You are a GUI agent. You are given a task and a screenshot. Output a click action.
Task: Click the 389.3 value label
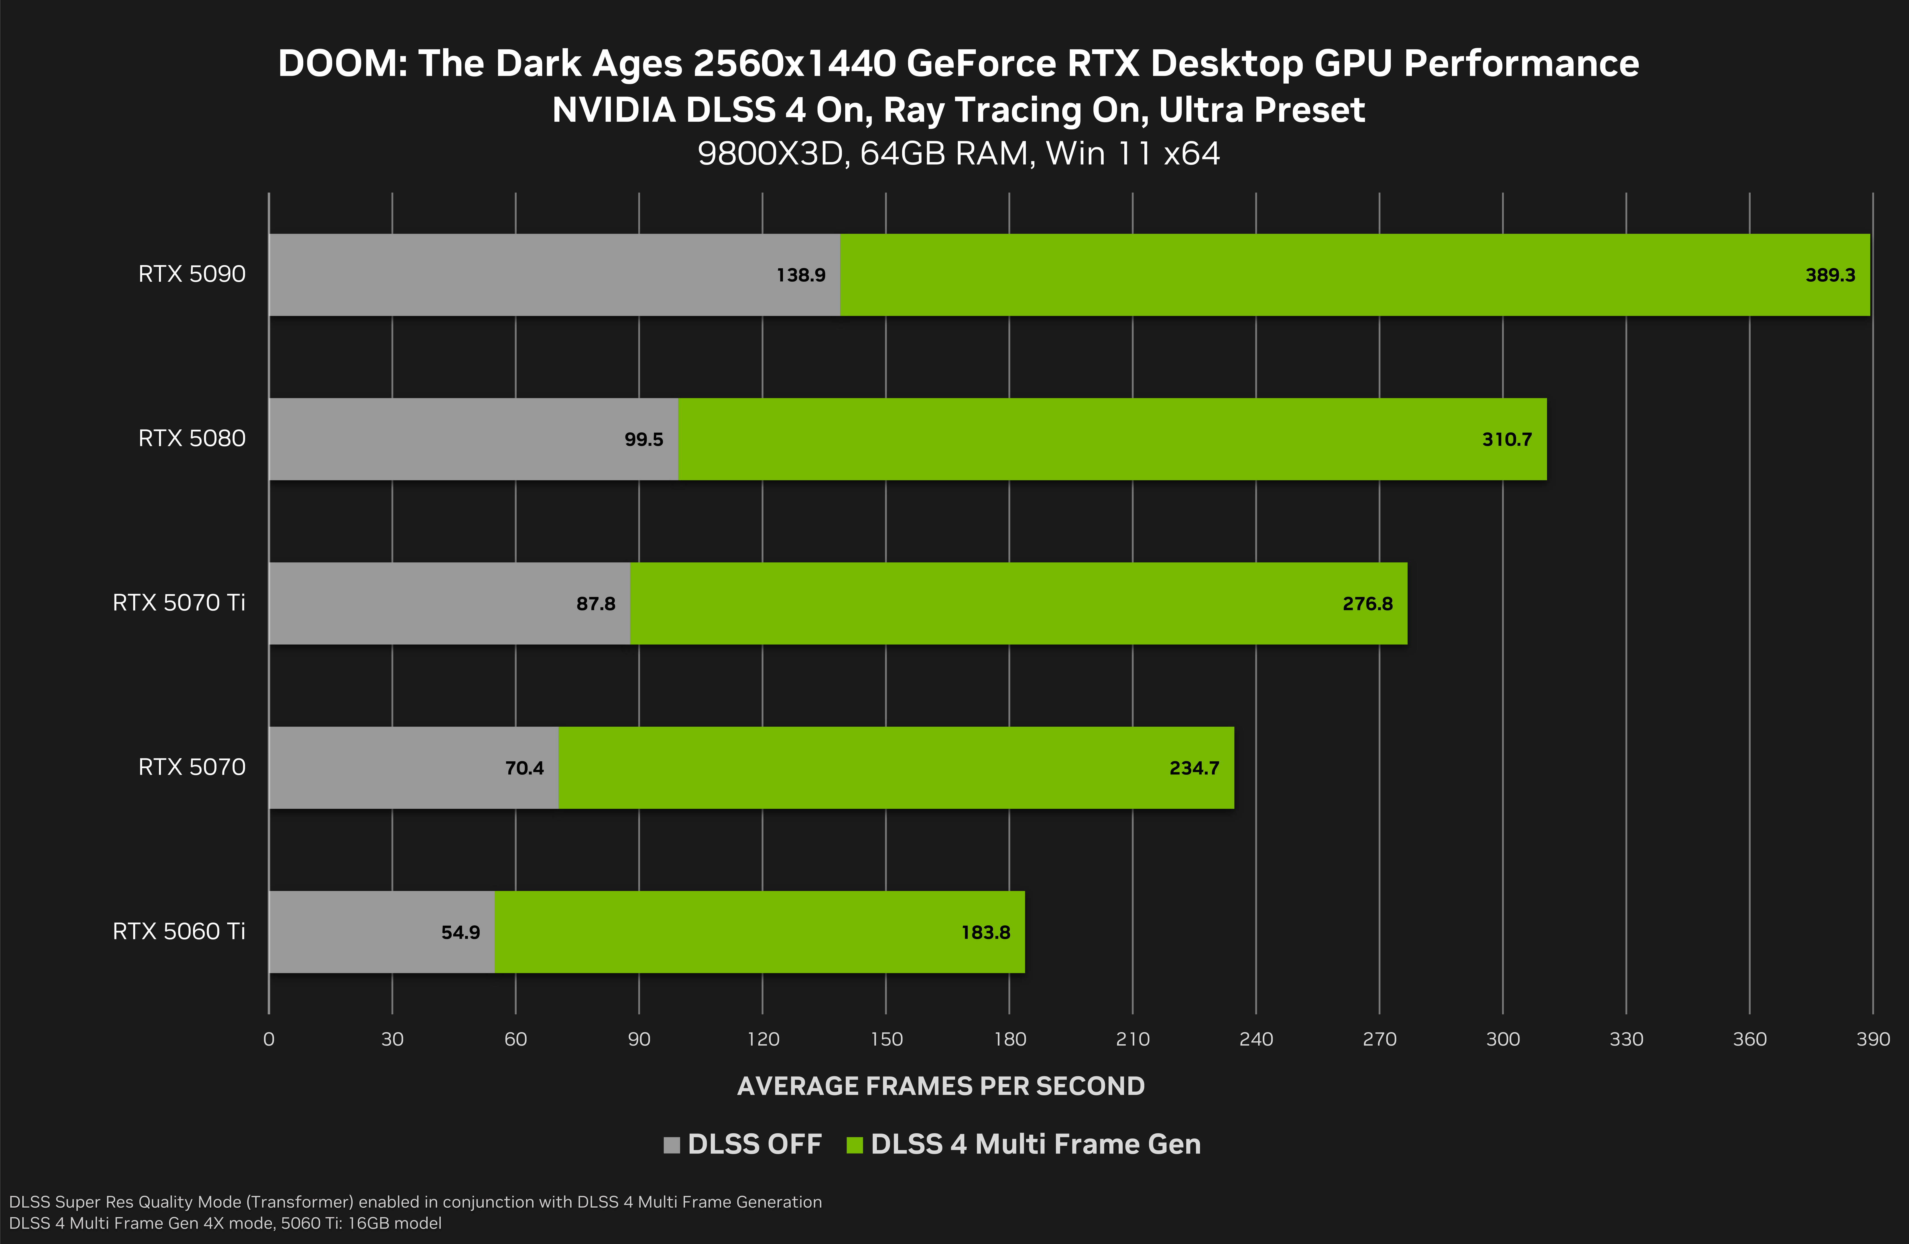click(1830, 275)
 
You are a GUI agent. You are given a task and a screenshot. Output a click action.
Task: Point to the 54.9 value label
click(460, 932)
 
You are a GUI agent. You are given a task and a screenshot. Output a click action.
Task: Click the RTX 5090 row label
click(192, 274)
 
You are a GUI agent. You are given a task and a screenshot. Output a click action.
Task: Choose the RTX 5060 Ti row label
click(179, 931)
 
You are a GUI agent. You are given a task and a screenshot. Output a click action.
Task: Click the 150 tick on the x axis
click(886, 1040)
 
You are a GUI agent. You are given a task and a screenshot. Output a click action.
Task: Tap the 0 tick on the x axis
click(269, 1040)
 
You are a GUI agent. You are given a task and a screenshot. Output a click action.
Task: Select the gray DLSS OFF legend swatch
click(671, 1145)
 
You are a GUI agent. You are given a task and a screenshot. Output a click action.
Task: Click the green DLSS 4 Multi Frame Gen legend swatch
click(854, 1145)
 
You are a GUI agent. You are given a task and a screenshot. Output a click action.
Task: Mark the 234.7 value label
click(1194, 768)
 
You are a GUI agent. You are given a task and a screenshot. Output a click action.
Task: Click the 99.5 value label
click(643, 439)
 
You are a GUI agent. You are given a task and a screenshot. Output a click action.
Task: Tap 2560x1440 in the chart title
click(794, 63)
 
